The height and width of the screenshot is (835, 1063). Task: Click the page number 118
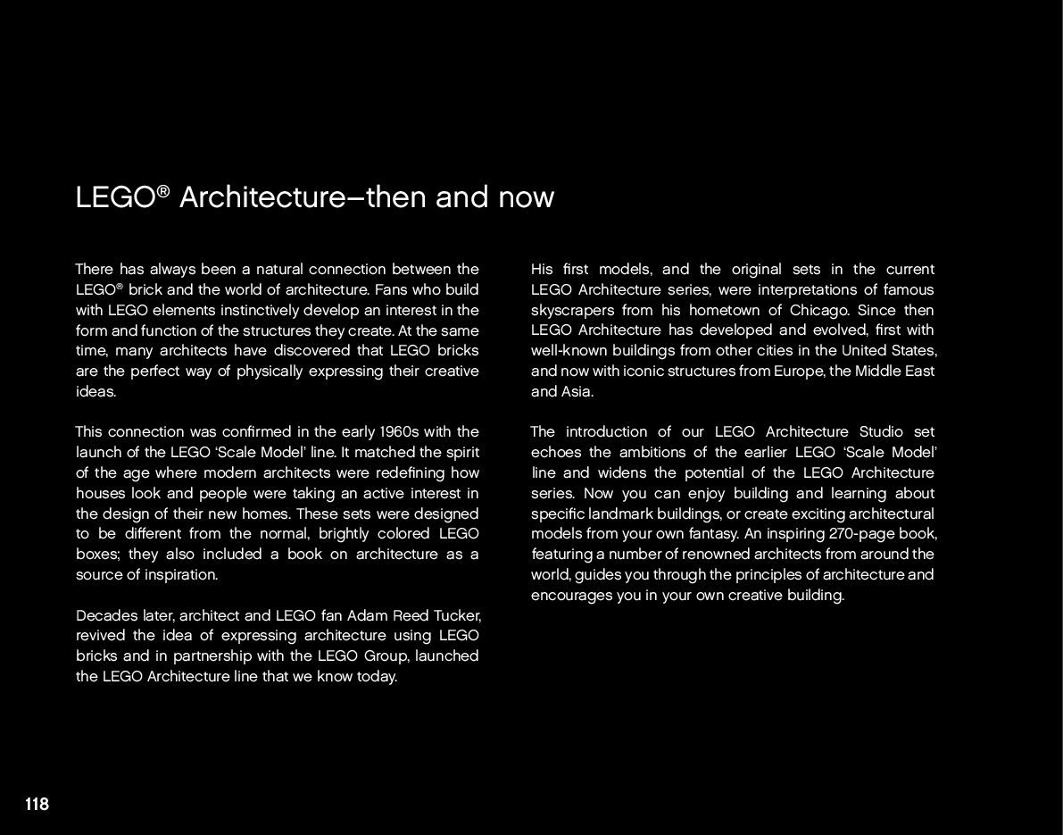click(x=37, y=805)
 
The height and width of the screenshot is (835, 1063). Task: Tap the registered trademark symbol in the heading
click(x=163, y=191)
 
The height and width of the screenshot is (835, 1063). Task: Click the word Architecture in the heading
click(x=262, y=197)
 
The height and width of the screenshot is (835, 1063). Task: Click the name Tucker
click(x=457, y=615)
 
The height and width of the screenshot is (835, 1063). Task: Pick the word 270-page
click(x=834, y=534)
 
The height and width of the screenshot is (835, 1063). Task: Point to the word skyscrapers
click(x=571, y=311)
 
